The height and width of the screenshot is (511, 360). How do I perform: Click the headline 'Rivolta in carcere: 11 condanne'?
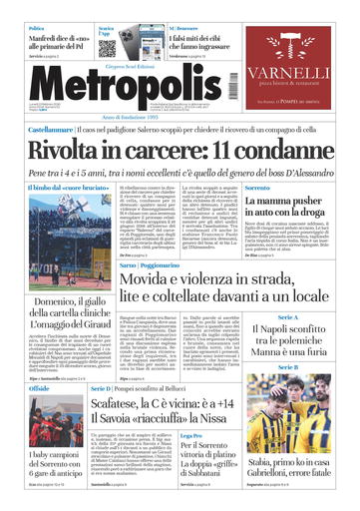tap(180, 150)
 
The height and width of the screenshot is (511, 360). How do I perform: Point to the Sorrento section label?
tap(258, 187)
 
